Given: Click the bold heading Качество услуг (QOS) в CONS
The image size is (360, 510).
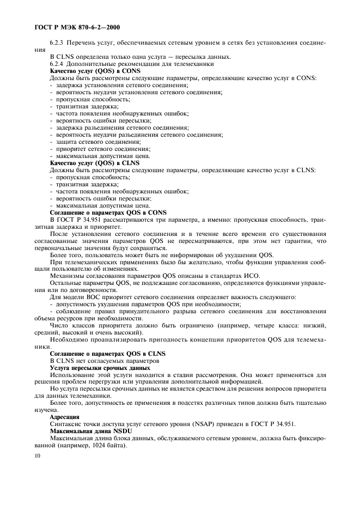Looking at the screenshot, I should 95,71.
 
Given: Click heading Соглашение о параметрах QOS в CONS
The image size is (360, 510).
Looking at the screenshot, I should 108,212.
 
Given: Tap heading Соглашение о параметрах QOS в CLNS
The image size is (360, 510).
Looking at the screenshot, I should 108,354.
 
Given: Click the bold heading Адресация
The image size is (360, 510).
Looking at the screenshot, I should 64,417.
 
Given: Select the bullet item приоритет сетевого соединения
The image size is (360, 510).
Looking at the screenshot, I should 99,149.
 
